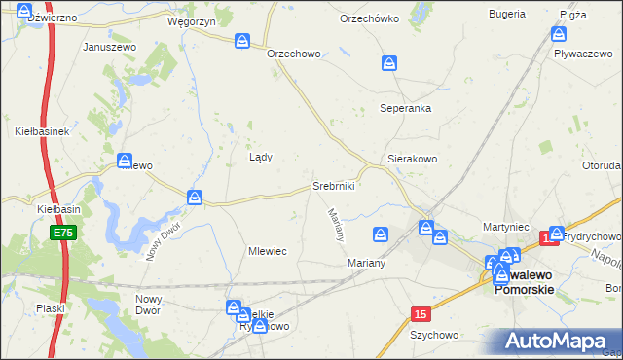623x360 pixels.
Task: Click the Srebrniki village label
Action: coord(333,185)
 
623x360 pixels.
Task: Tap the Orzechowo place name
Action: coord(294,54)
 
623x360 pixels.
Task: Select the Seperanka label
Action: coord(406,108)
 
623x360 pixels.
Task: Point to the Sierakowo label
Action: coord(413,158)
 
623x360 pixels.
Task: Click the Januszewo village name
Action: coord(107,46)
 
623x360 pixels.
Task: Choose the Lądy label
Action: coord(261,157)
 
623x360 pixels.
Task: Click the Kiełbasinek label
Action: coord(41,130)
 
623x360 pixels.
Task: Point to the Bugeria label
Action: coord(506,16)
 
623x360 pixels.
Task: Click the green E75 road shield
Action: coord(63,234)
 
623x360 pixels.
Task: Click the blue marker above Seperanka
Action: coord(389,63)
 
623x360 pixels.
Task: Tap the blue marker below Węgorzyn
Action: coord(242,41)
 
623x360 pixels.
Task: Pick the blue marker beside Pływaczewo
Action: coord(558,34)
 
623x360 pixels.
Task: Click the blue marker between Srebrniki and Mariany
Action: coord(381,234)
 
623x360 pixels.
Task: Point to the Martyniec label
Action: coord(505,227)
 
